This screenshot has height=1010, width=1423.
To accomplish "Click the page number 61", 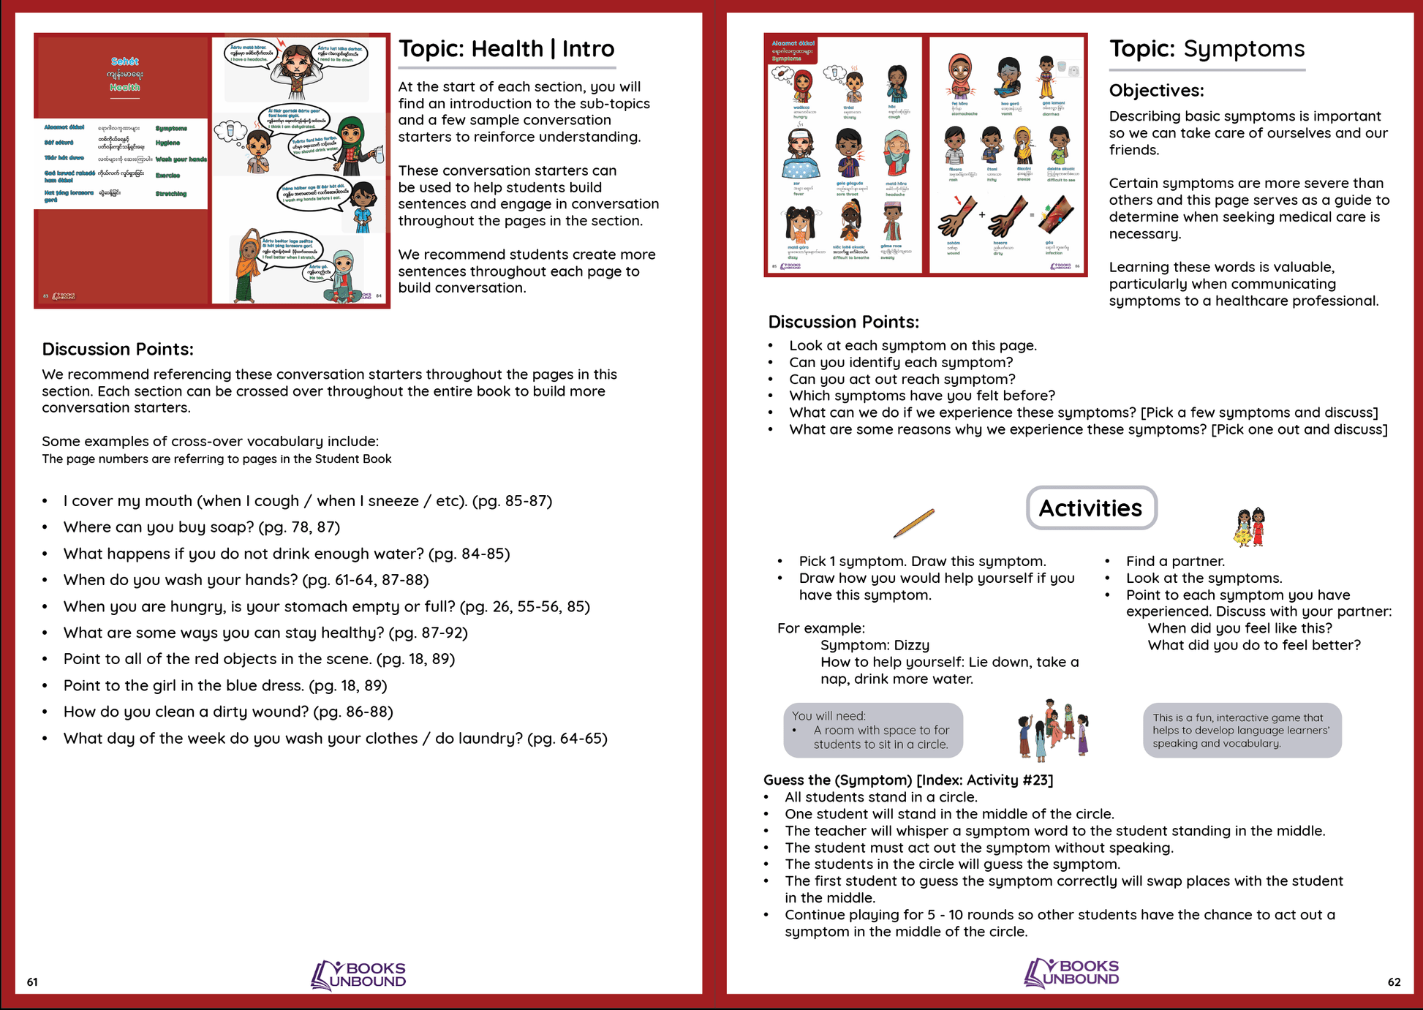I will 32,982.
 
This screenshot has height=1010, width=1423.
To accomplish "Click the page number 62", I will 1394,982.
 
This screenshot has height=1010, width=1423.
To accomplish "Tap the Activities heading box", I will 1090,508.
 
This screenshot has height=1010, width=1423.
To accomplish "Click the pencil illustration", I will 913,523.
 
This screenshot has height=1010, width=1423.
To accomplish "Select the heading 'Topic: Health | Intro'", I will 506,49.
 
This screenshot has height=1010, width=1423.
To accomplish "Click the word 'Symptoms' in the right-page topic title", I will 1244,49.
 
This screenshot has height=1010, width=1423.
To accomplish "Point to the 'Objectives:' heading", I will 1156,90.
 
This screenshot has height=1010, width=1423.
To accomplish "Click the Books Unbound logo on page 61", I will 358,975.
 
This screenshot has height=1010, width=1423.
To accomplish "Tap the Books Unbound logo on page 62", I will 1071,973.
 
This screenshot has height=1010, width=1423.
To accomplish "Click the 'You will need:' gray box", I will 872,730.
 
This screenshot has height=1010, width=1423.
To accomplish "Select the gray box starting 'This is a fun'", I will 1242,730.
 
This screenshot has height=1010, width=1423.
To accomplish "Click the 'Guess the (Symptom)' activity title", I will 907,780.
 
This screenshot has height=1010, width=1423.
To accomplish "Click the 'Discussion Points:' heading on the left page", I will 117,349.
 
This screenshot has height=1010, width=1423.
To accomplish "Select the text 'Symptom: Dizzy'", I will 875,645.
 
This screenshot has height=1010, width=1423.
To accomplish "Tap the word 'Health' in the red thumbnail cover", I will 125,88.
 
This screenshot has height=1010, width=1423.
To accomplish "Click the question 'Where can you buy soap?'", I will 159,527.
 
